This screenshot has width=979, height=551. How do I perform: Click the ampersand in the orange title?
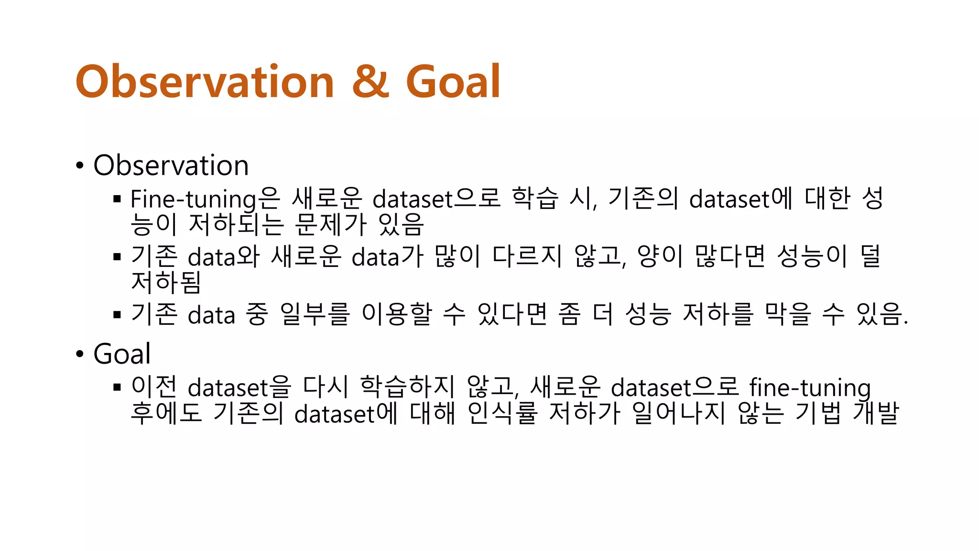(371, 81)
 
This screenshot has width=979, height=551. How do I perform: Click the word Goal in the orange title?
(453, 81)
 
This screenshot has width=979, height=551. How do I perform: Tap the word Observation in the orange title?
(205, 81)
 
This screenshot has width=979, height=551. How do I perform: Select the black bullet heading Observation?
(171, 165)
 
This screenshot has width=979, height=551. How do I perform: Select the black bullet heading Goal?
(122, 354)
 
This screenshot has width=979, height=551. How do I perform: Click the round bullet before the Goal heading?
(80, 354)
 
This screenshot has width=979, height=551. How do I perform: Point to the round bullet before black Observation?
(80, 166)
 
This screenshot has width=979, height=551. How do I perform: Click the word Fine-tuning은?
(205, 199)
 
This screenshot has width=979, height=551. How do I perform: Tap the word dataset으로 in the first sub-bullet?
(436, 199)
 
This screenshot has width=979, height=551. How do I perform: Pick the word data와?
(223, 257)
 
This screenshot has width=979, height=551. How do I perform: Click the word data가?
(387, 257)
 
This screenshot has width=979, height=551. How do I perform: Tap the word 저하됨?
(165, 282)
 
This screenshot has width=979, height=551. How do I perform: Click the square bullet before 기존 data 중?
(117, 315)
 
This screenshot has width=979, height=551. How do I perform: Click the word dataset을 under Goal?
(239, 387)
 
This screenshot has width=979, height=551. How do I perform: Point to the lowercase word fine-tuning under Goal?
(809, 387)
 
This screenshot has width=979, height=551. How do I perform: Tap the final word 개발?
(876, 413)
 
